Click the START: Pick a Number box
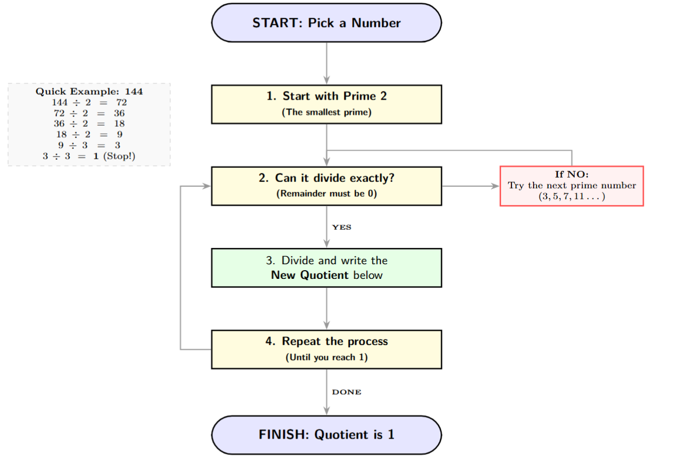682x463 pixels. click(326, 23)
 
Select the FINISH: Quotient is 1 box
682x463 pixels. click(326, 435)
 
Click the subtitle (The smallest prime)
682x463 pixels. click(326, 113)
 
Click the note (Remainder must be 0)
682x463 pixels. click(326, 194)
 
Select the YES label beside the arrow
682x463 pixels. click(341, 227)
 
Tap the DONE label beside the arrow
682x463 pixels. click(346, 392)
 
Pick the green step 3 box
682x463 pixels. click(326, 268)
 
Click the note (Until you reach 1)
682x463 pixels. click(326, 357)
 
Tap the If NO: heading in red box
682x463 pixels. click(571, 174)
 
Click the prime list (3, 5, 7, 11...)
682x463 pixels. click(571, 196)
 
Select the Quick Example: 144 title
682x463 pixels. click(89, 92)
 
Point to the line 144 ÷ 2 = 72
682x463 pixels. click(89, 102)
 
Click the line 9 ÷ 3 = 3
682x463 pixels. click(89, 145)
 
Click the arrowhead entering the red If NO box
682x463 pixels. click(495, 186)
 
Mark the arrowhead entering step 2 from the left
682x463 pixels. click(206, 186)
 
